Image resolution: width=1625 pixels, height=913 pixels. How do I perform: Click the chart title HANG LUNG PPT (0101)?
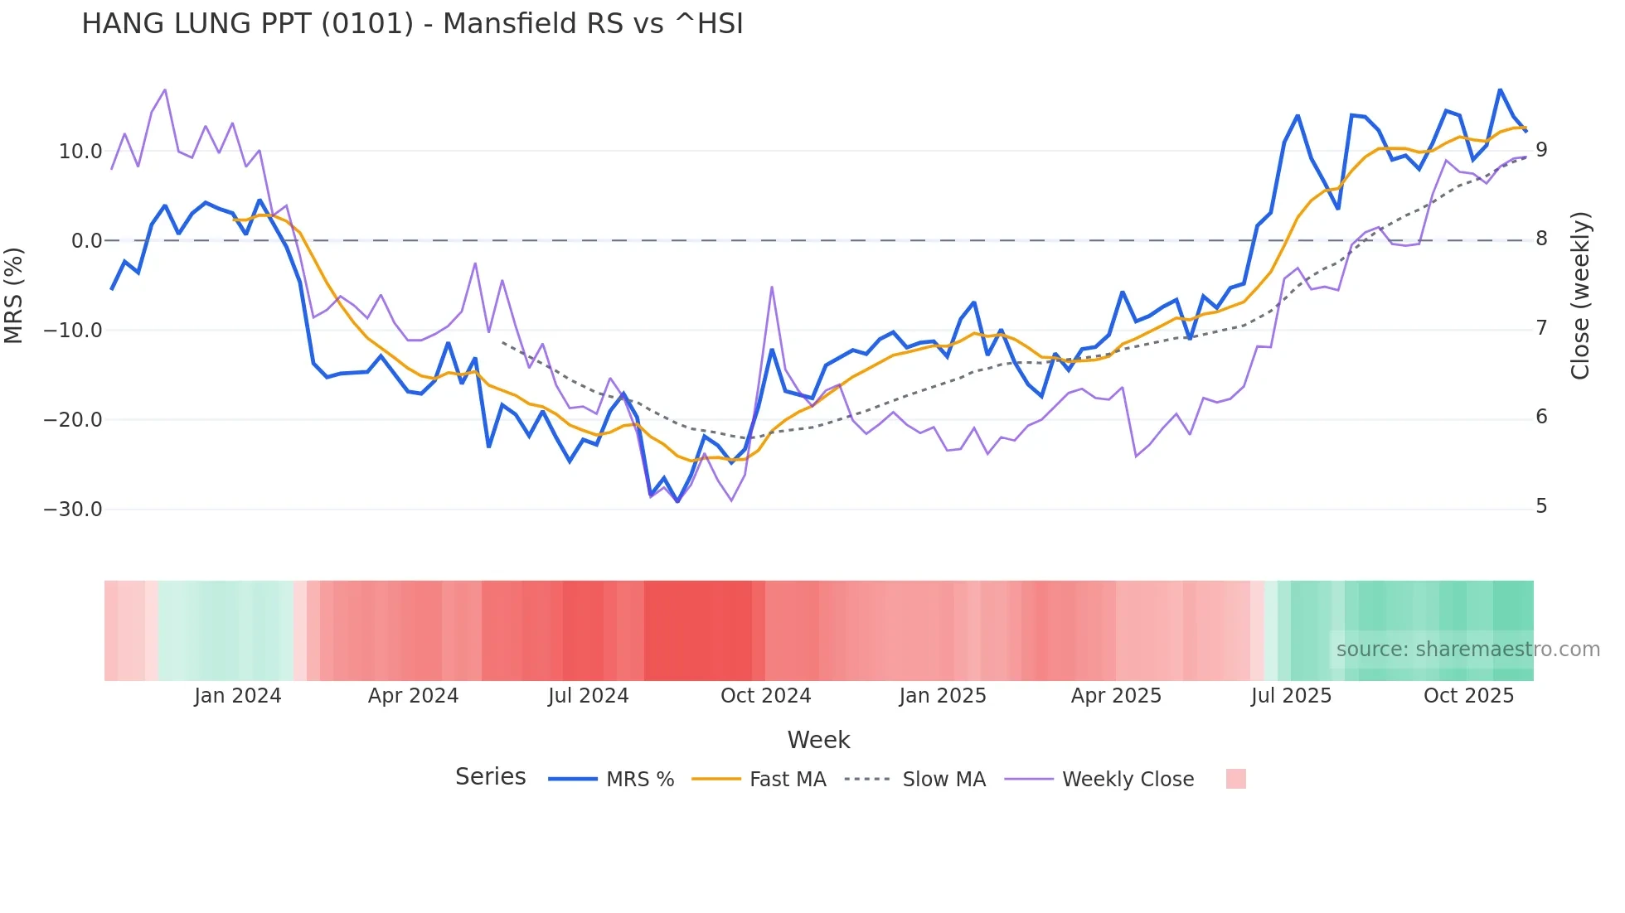tap(412, 24)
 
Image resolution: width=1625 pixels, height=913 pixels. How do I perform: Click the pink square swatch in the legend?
tap(1235, 779)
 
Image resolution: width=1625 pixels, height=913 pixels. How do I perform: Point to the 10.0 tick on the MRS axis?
tap(80, 152)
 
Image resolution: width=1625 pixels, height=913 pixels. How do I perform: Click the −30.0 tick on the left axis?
tap(73, 510)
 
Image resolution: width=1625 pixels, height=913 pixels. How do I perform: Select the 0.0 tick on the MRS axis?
tap(87, 241)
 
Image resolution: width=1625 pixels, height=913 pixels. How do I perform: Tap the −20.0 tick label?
tap(73, 420)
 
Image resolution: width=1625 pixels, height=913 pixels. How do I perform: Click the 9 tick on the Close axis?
tap(1541, 150)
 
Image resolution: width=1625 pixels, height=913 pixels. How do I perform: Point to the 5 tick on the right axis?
tap(1541, 506)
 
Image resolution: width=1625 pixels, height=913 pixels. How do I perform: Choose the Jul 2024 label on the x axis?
tap(588, 696)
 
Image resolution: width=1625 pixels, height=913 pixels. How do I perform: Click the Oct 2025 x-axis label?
tap(1468, 696)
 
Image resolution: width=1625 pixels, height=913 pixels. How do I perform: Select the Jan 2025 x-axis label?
tap(943, 696)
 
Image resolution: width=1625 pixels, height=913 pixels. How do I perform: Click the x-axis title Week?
tap(818, 740)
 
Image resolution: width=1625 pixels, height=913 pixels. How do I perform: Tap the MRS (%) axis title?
tap(14, 295)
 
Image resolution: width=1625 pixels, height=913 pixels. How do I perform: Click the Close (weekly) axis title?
tap(1580, 296)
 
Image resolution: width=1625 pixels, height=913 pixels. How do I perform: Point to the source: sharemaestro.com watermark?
tap(1467, 650)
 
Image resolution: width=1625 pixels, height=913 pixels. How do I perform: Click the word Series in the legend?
tap(490, 777)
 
